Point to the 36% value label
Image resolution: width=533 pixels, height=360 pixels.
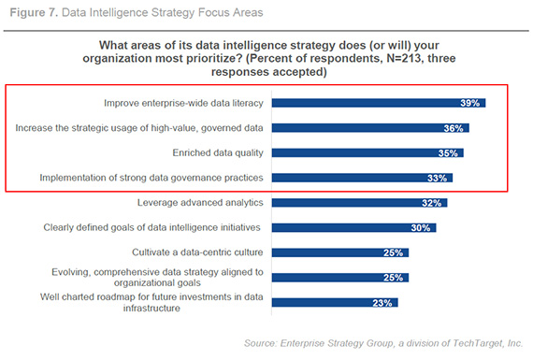[455, 128]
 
